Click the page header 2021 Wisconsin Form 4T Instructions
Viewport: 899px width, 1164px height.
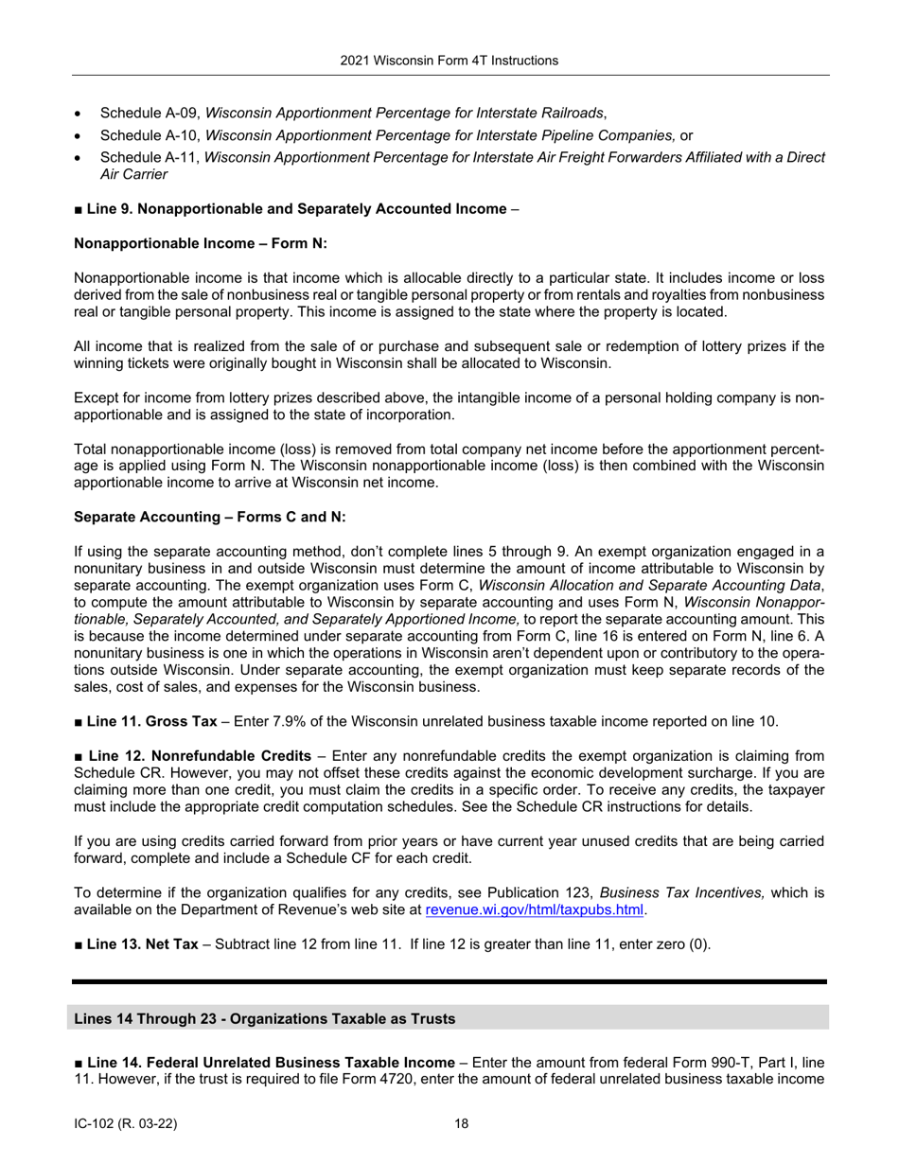[x=449, y=61]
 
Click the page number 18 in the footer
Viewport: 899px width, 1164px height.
[x=461, y=1124]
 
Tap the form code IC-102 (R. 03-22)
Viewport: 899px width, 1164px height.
[x=125, y=1124]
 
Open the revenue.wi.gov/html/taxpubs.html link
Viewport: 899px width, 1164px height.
[x=535, y=910]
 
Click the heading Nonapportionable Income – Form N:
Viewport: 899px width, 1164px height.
[x=200, y=243]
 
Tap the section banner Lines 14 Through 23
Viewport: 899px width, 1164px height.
[x=264, y=1019]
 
